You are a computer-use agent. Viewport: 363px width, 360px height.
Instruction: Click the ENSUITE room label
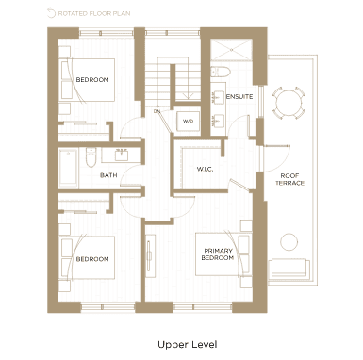tap(239, 96)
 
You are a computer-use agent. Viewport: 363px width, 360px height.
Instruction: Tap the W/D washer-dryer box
tap(188, 121)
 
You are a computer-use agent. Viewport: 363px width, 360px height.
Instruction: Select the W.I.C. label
tap(205, 169)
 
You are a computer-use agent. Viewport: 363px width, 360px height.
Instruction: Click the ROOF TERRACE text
tap(289, 179)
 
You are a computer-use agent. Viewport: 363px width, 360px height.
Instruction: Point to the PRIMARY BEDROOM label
tap(218, 254)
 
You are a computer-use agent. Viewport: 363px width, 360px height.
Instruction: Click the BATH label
tap(108, 175)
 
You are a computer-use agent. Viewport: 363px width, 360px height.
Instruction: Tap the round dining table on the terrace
tap(289, 103)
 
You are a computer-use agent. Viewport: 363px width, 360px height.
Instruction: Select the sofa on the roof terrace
tap(289, 269)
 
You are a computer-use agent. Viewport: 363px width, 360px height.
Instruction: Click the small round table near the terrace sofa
tap(289, 242)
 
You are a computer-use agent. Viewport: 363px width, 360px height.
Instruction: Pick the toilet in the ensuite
tap(221, 72)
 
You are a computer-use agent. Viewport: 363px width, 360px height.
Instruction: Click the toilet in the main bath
tap(91, 157)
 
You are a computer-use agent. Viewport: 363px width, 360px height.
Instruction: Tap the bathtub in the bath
tap(68, 169)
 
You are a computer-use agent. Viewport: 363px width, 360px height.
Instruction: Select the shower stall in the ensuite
tap(231, 50)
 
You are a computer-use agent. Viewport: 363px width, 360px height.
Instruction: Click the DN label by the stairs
tap(157, 111)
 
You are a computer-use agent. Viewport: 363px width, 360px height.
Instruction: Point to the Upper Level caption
tap(188, 345)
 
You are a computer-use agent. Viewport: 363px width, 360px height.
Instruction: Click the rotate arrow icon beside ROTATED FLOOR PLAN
tap(51, 13)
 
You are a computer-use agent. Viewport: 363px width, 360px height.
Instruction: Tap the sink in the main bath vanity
tap(121, 155)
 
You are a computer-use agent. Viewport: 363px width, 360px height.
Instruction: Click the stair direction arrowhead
tap(188, 96)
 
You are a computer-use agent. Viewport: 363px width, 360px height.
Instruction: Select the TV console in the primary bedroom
tap(151, 255)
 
